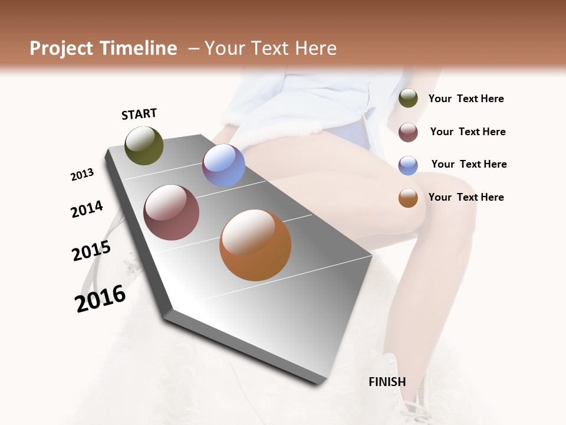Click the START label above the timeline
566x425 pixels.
(x=139, y=114)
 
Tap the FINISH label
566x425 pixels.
(x=387, y=382)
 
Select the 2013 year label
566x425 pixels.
(x=82, y=175)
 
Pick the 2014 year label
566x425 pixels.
(x=87, y=209)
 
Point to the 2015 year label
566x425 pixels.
(x=91, y=251)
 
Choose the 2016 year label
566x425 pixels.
(x=100, y=298)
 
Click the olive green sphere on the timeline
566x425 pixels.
(x=144, y=145)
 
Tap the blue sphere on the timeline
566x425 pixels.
(x=223, y=165)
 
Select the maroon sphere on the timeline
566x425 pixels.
(x=172, y=212)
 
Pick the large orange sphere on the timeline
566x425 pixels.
(x=255, y=245)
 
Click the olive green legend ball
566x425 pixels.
(x=408, y=99)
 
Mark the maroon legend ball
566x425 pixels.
(x=408, y=132)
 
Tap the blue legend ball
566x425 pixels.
(x=408, y=165)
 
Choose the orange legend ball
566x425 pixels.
(x=408, y=198)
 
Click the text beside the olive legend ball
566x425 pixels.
(x=466, y=99)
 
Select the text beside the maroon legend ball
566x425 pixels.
(x=468, y=132)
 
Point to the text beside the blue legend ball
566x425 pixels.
(x=469, y=164)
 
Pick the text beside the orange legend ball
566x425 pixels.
(x=466, y=197)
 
